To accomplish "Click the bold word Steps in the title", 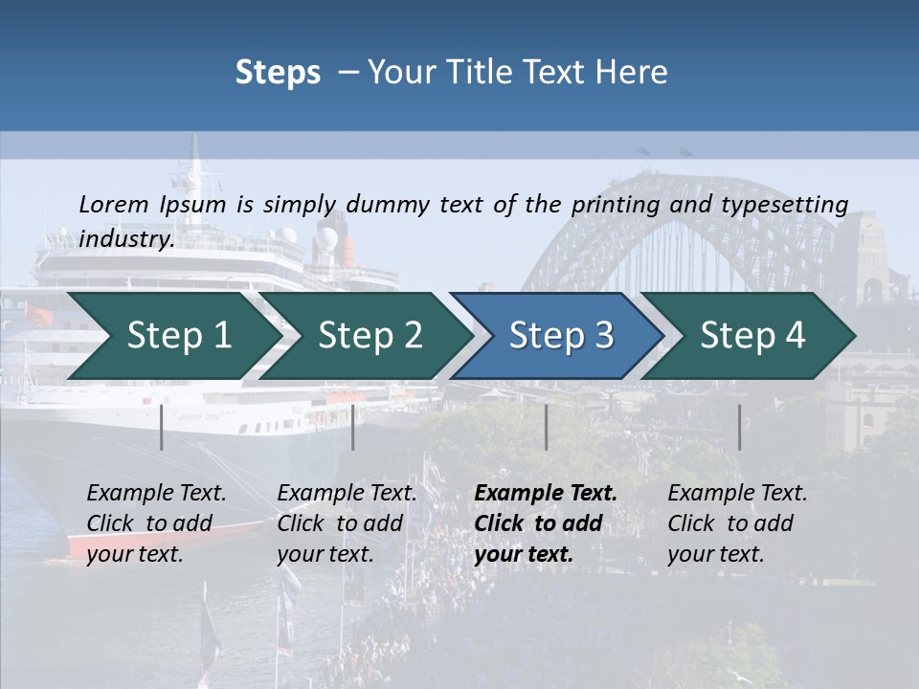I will point(278,72).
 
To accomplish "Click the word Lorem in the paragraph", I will point(113,204).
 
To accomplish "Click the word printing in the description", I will point(613,204).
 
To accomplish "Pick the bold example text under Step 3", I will point(545,523).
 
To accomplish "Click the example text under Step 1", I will point(156,523).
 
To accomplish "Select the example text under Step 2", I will point(347,523).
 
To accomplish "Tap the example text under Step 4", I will point(737,523).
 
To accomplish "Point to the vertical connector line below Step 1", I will point(162,427).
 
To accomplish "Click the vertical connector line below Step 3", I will point(547,427).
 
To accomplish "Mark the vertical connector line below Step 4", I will point(739,427).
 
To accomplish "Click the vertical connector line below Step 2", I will point(353,427).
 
